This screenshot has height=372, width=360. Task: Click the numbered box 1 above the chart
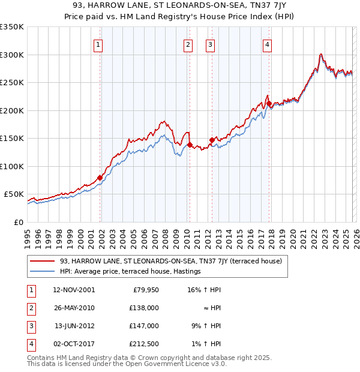coord(97,44)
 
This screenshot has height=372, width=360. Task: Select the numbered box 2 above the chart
coord(188,44)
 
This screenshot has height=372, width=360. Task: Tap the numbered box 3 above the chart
coord(211,44)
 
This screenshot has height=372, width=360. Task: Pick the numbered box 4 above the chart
coord(266,44)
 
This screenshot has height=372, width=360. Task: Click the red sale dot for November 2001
coord(100,178)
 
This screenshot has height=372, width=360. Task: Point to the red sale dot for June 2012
coord(212,140)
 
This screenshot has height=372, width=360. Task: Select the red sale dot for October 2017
coord(269,103)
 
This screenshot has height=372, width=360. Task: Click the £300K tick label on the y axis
coord(12,55)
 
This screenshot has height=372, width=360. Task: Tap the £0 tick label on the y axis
coord(17,222)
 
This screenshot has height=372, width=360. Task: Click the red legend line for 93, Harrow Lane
coord(43,261)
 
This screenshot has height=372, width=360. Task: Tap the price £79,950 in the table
coord(145,290)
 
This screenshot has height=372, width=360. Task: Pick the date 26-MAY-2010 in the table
coord(74,308)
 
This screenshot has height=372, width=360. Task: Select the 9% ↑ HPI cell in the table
coord(206,326)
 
